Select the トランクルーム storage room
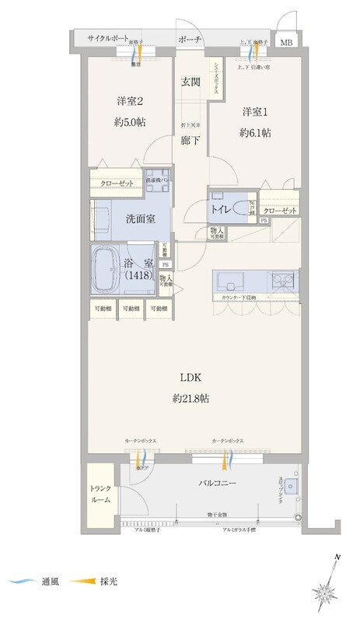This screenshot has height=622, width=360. (x=101, y=494)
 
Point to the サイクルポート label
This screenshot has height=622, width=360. (x=107, y=38)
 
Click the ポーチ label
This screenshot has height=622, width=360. (x=190, y=39)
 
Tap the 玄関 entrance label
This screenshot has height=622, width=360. (x=190, y=82)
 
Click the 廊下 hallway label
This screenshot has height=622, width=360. (x=190, y=141)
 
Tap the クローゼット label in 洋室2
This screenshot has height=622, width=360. (x=116, y=184)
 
